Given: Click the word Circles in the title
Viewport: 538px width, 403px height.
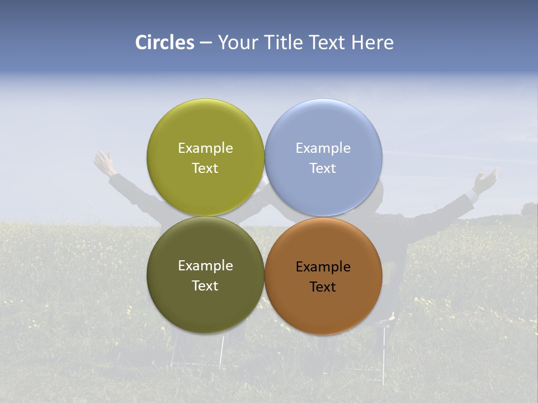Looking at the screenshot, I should pos(164,43).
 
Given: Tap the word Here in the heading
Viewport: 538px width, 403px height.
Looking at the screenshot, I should pos(372,43).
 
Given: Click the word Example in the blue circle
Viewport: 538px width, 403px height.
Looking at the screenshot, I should pos(323,148).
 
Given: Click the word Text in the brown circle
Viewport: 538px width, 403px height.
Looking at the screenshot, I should pos(323,287).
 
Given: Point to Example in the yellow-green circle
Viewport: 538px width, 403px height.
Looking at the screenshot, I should pos(205,148).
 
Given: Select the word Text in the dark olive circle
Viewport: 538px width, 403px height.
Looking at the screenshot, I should pos(205,286).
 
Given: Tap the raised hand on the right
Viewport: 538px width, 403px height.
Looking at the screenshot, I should pos(485,181).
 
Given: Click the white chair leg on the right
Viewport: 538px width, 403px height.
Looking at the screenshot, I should pos(384,353).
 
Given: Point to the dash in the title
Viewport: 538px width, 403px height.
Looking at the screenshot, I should pos(206,43).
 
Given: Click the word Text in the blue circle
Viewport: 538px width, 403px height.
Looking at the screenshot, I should pos(323,168).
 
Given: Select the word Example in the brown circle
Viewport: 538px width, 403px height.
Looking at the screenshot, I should pos(323,267).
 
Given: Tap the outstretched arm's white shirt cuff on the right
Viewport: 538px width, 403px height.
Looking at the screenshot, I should pos(472,196).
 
